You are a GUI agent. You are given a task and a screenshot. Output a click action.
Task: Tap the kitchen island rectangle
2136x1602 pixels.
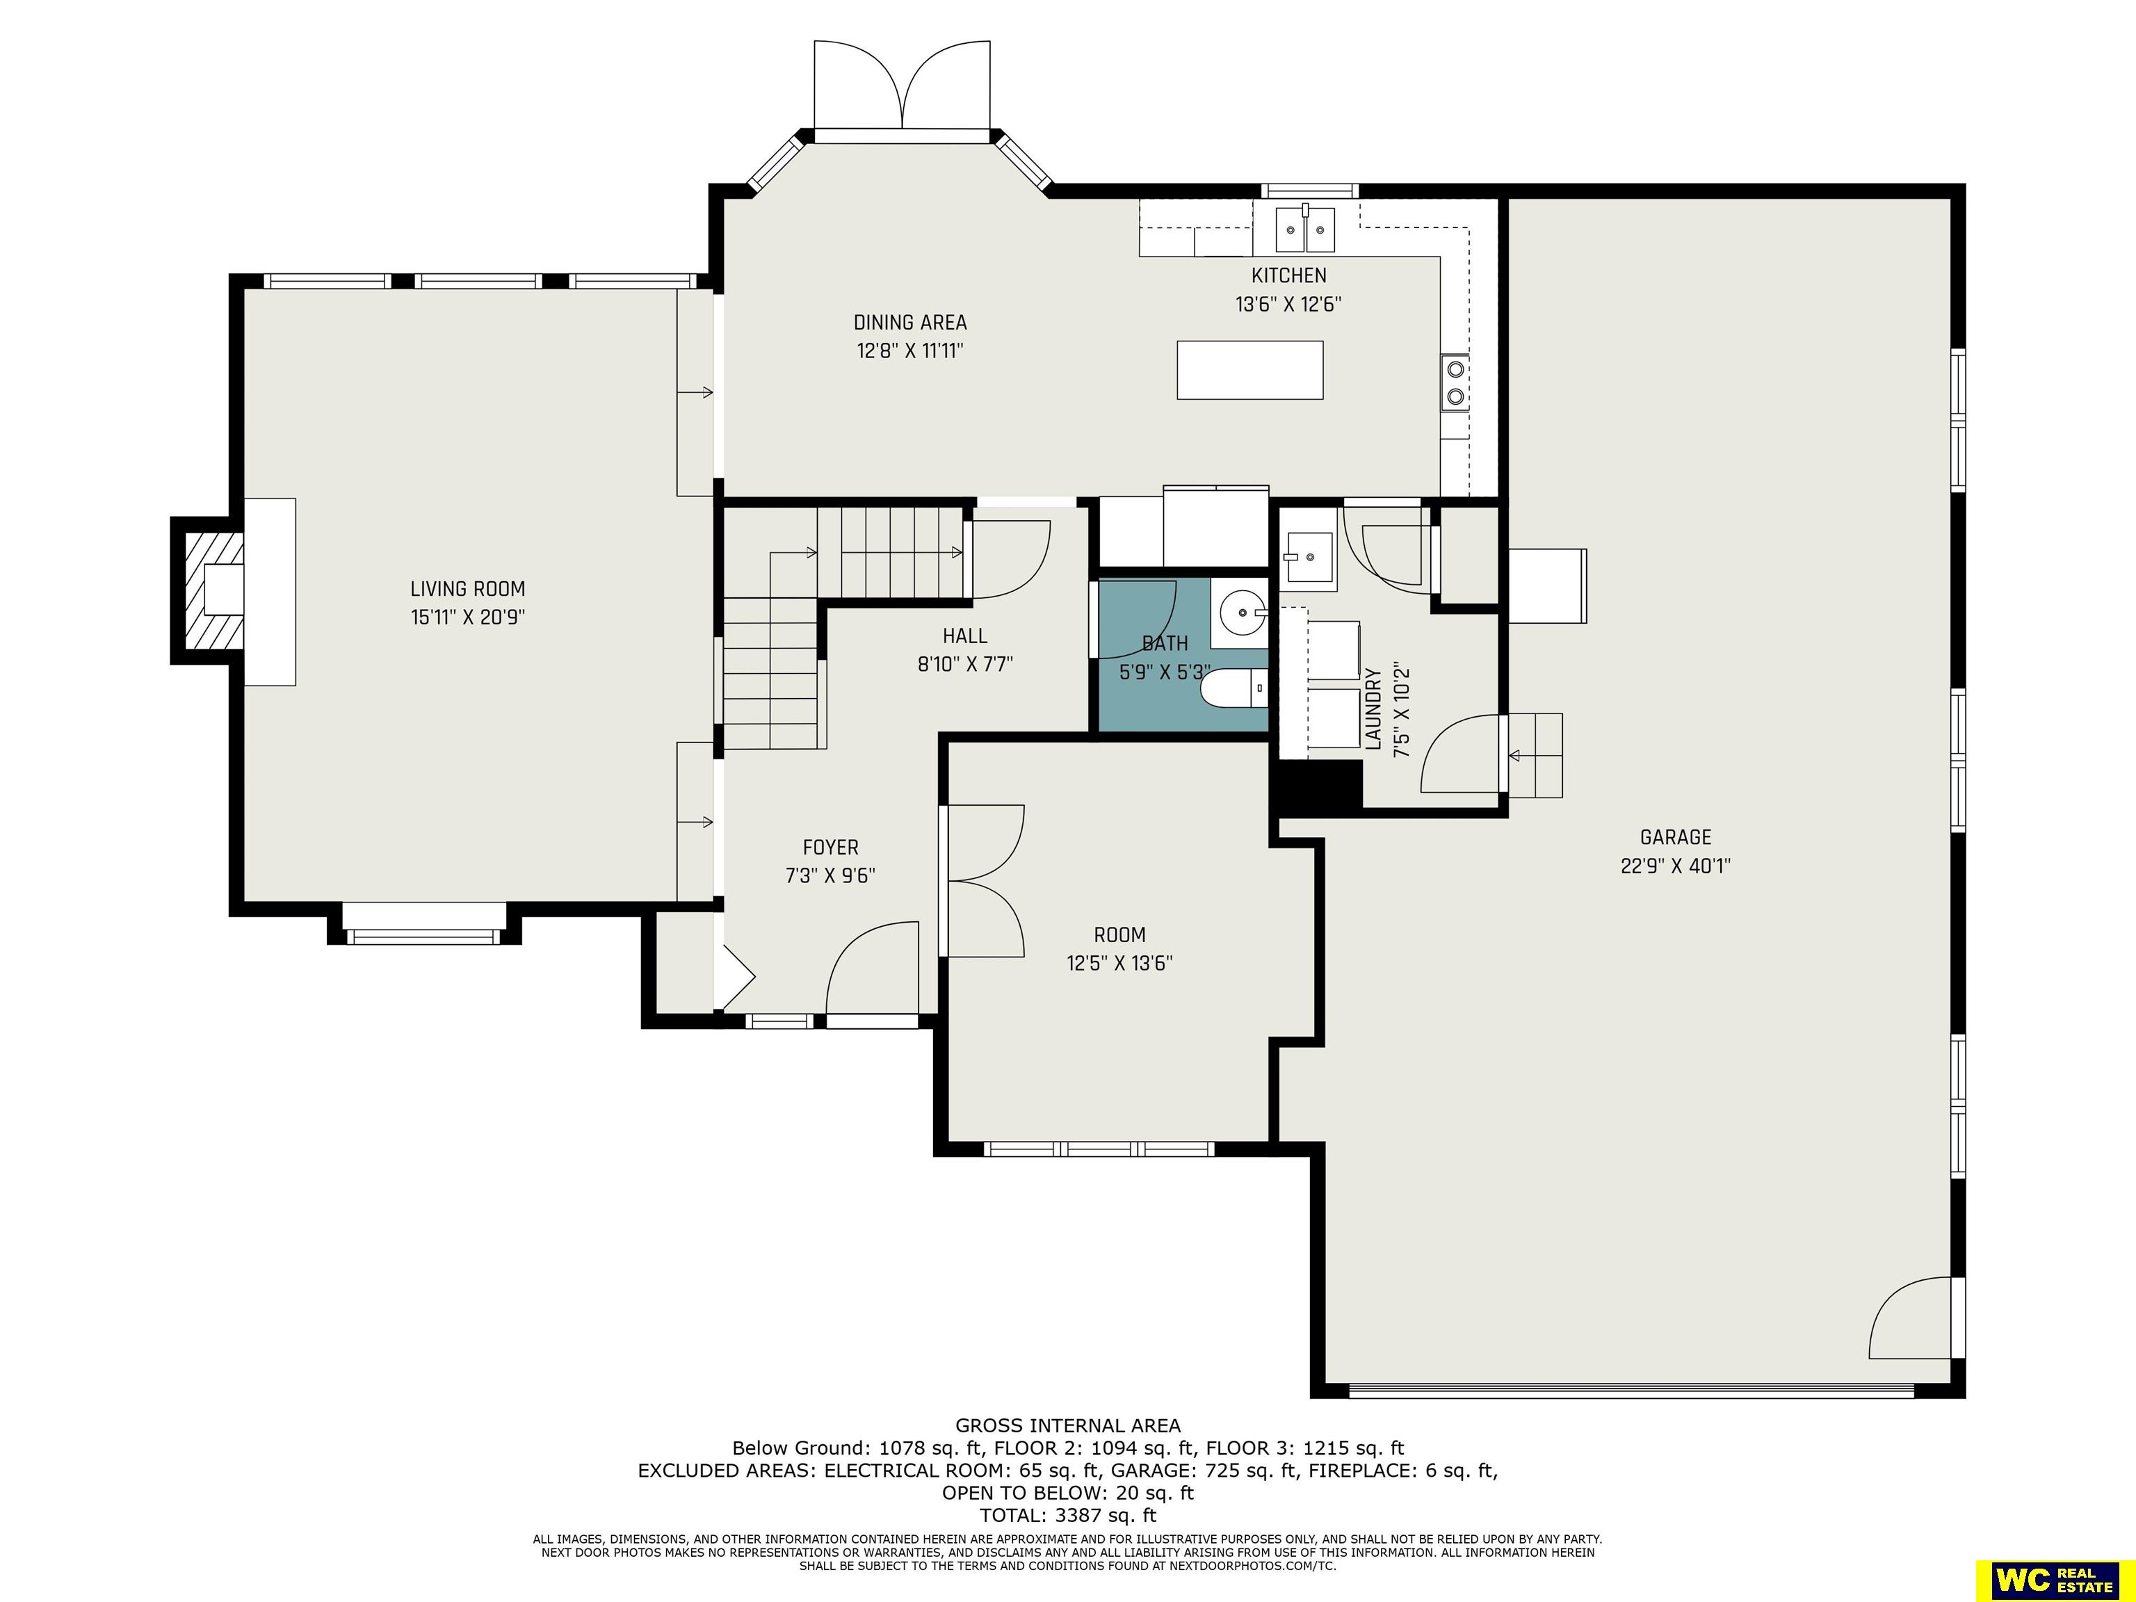tap(1249, 370)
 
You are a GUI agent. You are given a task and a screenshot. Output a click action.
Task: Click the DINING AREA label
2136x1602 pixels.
tap(909, 323)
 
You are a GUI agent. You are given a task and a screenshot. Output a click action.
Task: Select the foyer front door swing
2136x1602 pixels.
tap(872, 966)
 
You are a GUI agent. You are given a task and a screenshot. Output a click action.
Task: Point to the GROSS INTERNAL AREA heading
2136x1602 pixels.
tap(1068, 1425)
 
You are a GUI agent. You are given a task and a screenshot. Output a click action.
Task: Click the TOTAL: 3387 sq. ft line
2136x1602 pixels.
tap(1068, 1515)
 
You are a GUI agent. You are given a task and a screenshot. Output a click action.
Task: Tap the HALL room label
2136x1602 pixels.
tap(964, 636)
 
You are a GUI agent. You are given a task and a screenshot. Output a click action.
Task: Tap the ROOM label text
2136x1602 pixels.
tap(1119, 934)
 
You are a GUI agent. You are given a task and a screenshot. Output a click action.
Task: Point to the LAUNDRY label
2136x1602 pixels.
tap(1374, 708)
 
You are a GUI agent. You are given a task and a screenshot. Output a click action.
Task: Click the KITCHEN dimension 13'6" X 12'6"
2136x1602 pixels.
tap(1288, 304)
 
